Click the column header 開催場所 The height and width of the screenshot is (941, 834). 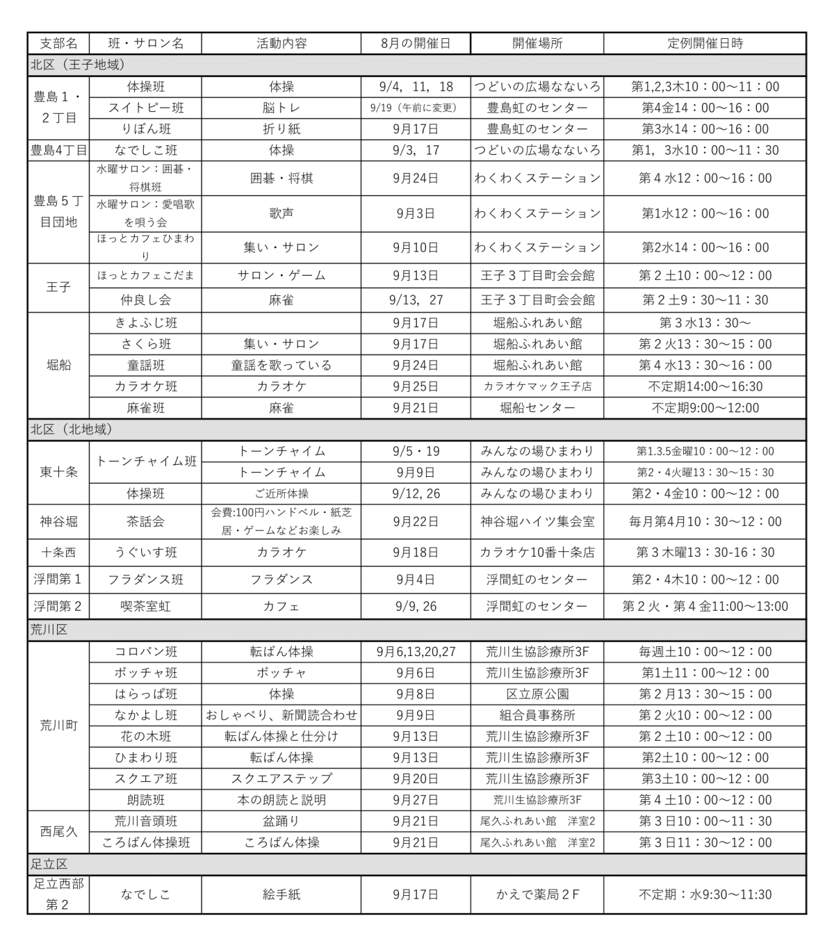point(537,43)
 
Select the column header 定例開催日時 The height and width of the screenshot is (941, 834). point(705,43)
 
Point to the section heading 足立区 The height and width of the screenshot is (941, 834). point(49,865)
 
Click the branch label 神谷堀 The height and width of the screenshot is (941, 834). point(59,521)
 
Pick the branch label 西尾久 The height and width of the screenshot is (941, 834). point(59,831)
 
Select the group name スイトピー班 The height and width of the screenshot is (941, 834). point(146,108)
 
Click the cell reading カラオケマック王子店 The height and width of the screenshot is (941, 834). point(537,386)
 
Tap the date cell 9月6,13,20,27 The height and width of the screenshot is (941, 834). point(416,652)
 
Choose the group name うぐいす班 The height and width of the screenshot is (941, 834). point(146,553)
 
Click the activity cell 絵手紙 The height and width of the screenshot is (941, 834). point(281,894)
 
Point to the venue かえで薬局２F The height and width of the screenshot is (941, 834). point(537,894)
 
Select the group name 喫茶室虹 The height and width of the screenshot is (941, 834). point(146,606)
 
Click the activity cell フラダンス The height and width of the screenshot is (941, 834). point(281,580)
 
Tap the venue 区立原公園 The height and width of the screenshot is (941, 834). point(537,694)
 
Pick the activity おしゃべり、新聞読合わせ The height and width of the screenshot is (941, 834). point(281,715)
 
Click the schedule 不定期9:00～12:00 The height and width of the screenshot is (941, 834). point(705,408)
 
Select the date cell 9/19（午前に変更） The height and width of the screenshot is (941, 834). point(416,108)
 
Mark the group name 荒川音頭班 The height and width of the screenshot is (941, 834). point(146,821)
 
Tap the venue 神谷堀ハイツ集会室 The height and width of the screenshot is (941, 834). point(537,521)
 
